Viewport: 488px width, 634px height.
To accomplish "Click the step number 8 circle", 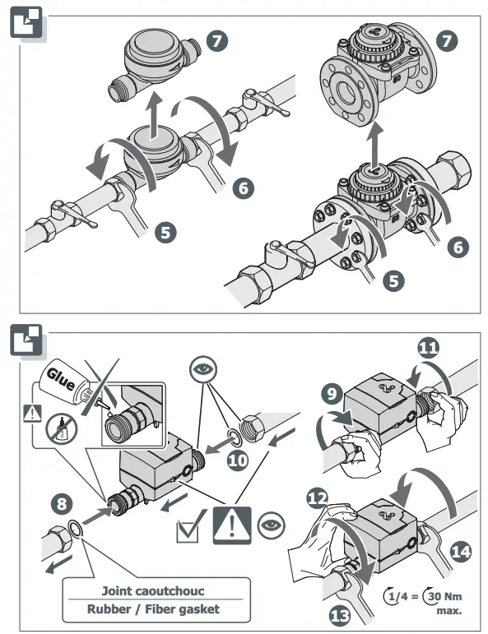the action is tap(62, 504).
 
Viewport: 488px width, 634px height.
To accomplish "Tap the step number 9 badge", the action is tap(332, 393).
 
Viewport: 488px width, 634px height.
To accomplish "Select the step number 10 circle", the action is tap(238, 460).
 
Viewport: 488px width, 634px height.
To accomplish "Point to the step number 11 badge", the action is tap(428, 348).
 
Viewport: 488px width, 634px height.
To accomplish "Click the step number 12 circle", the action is tap(318, 498).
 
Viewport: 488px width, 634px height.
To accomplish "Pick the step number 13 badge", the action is tap(340, 615).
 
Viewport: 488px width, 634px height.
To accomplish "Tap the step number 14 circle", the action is tap(461, 552).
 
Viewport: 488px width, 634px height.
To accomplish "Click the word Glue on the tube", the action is tap(61, 379).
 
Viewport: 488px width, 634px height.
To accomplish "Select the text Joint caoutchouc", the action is tap(152, 591).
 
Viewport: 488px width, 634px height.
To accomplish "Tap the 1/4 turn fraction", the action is tap(397, 596).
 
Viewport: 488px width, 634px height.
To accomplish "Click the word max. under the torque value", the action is tap(449, 610).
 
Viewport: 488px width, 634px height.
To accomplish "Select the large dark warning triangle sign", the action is tap(232, 525).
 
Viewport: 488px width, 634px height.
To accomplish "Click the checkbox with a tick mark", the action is tap(188, 527).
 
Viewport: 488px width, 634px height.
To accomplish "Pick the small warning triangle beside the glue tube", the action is tap(32, 414).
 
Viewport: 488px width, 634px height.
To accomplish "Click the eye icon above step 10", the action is tap(203, 370).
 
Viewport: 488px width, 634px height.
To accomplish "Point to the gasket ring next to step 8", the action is tap(75, 529).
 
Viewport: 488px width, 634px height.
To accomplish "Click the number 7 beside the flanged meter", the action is tap(447, 41).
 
